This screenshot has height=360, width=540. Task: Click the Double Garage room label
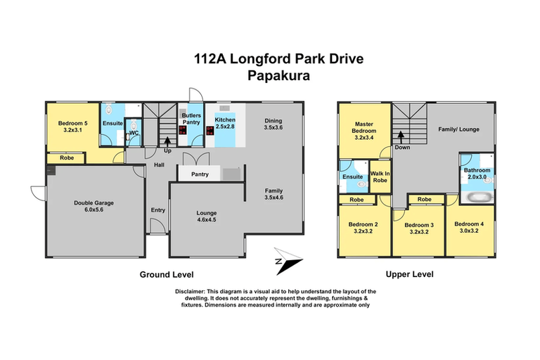click(94, 207)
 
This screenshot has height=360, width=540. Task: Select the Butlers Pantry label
click(192, 119)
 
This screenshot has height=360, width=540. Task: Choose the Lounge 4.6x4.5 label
click(206, 217)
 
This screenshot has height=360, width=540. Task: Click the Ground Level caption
click(166, 274)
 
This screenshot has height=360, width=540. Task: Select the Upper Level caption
click(409, 274)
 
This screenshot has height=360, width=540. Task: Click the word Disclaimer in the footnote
click(190, 291)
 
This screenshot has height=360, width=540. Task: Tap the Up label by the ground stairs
click(167, 150)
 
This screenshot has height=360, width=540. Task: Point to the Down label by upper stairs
click(402, 148)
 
